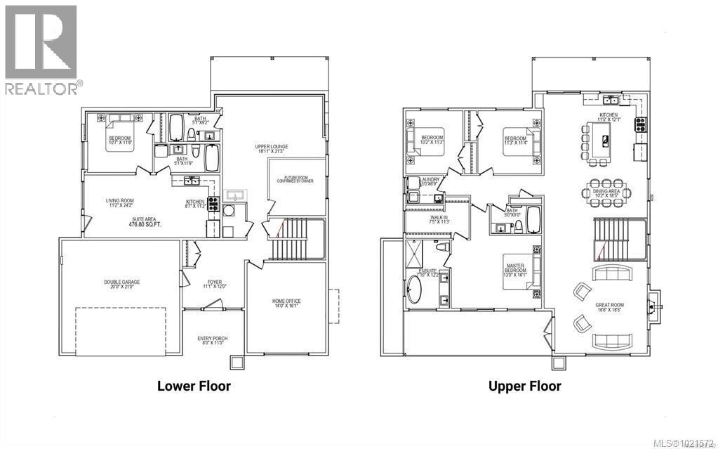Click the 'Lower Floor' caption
point(194,386)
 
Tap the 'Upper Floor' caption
point(525,386)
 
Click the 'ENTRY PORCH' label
point(211,341)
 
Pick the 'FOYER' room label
point(211,285)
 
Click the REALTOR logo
point(41,49)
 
